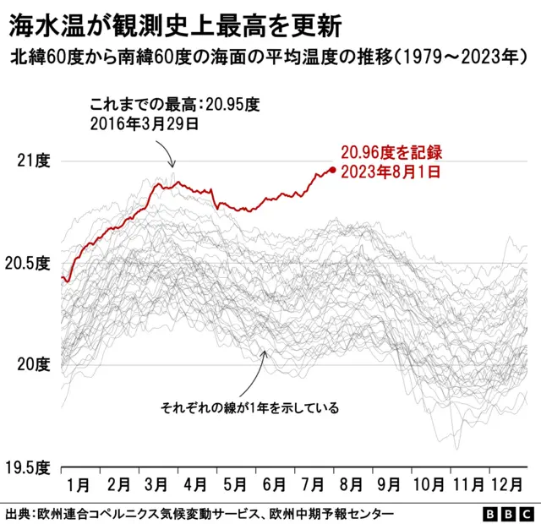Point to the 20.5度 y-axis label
pyautogui.click(x=28, y=263)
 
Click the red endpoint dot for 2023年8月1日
pyautogui.click(x=333, y=170)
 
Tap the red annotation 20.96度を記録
pyautogui.click(x=391, y=153)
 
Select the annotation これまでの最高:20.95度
pyautogui.click(x=173, y=105)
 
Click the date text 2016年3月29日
pyautogui.click(x=144, y=123)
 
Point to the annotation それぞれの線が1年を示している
pyautogui.click(x=249, y=408)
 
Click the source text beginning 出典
pyautogui.click(x=199, y=513)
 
